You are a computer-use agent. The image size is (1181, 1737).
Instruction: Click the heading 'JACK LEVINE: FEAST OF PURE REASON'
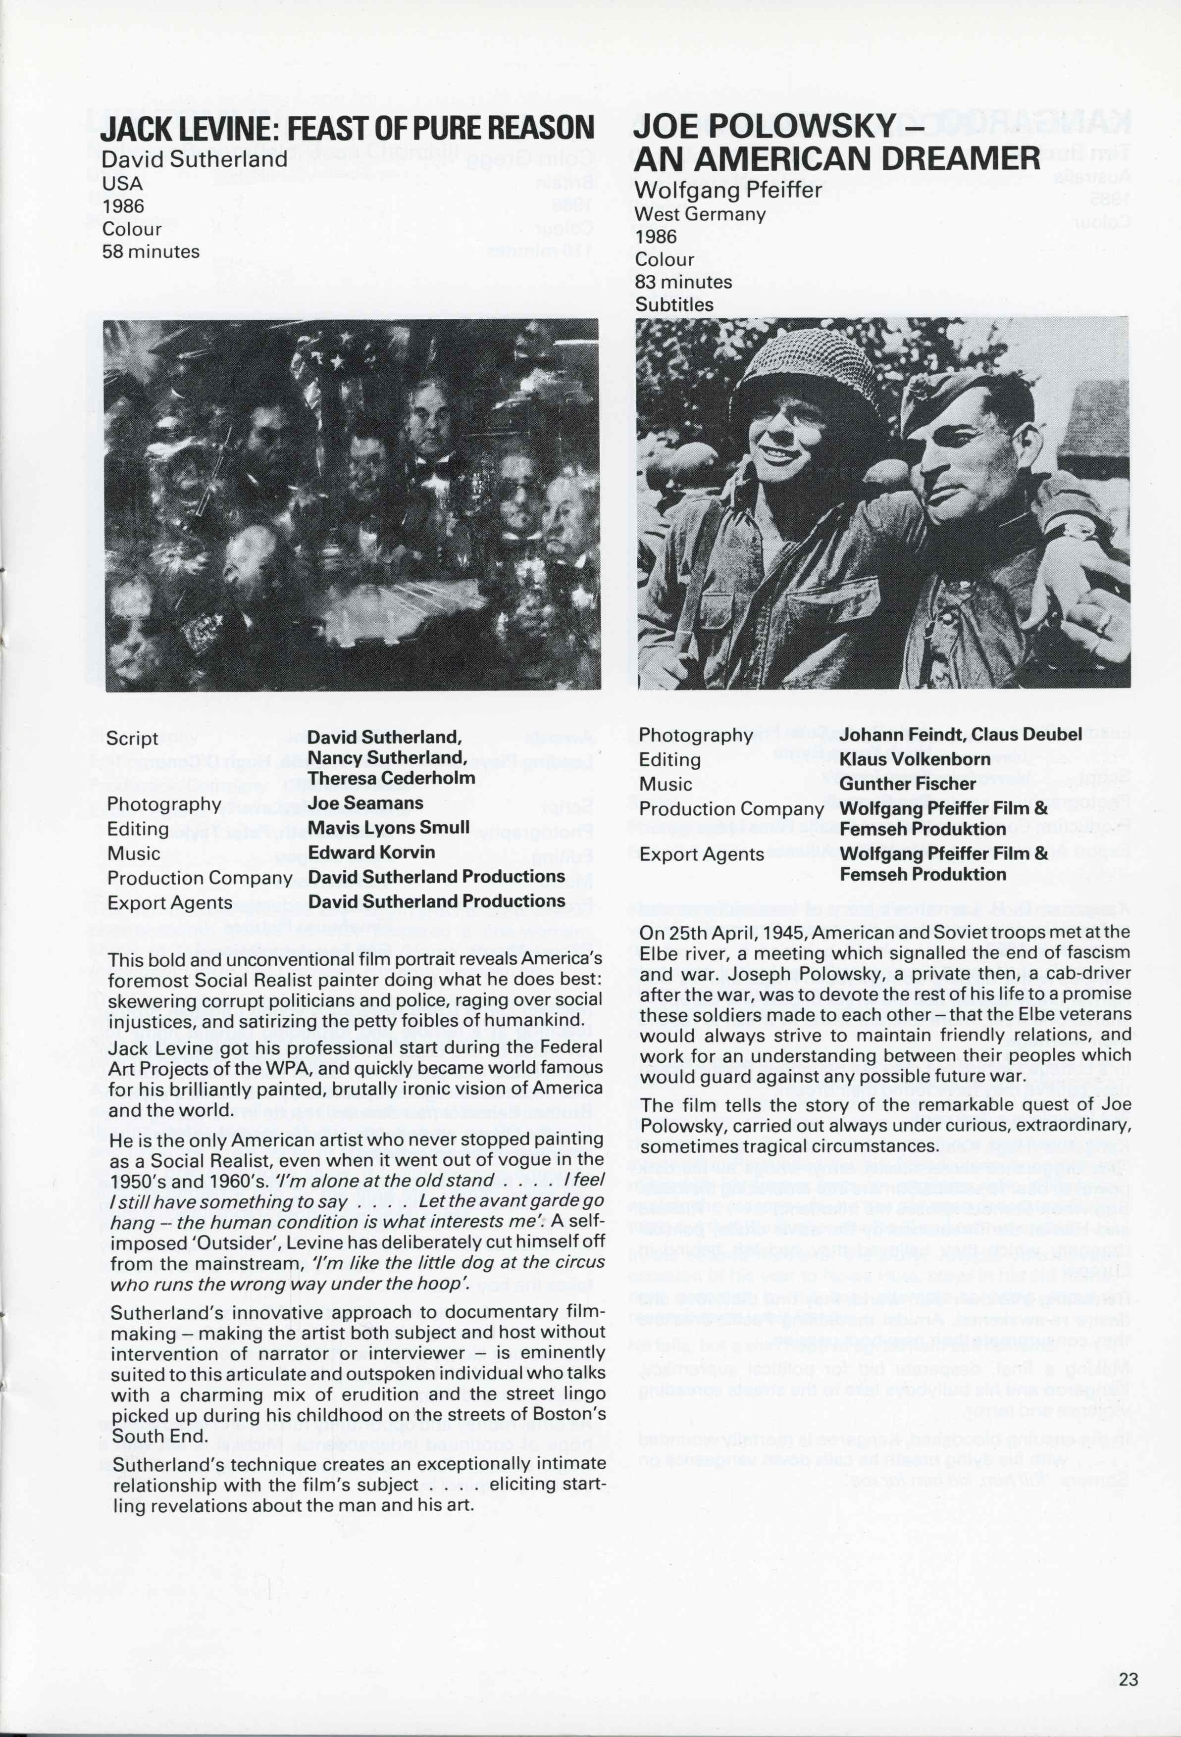pyautogui.click(x=348, y=129)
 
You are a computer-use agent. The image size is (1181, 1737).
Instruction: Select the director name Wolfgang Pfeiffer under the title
pyautogui.click(x=727, y=191)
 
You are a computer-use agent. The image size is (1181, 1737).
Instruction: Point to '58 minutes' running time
pyautogui.click(x=151, y=252)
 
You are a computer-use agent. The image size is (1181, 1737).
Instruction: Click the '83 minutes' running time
pyautogui.click(x=683, y=282)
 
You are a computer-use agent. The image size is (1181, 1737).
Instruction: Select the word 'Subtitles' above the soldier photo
pyautogui.click(x=674, y=305)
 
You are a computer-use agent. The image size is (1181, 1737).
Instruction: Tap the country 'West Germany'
pyautogui.click(x=700, y=214)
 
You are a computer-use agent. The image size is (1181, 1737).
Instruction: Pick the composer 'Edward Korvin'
pyautogui.click(x=371, y=852)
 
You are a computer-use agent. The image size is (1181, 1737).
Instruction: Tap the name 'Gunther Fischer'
pyautogui.click(x=908, y=784)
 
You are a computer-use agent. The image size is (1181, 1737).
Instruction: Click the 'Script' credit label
pyautogui.click(x=132, y=739)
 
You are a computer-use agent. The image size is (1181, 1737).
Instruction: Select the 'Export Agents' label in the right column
pyautogui.click(x=701, y=854)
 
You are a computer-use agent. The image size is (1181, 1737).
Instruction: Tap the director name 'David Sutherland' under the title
pyautogui.click(x=194, y=159)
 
